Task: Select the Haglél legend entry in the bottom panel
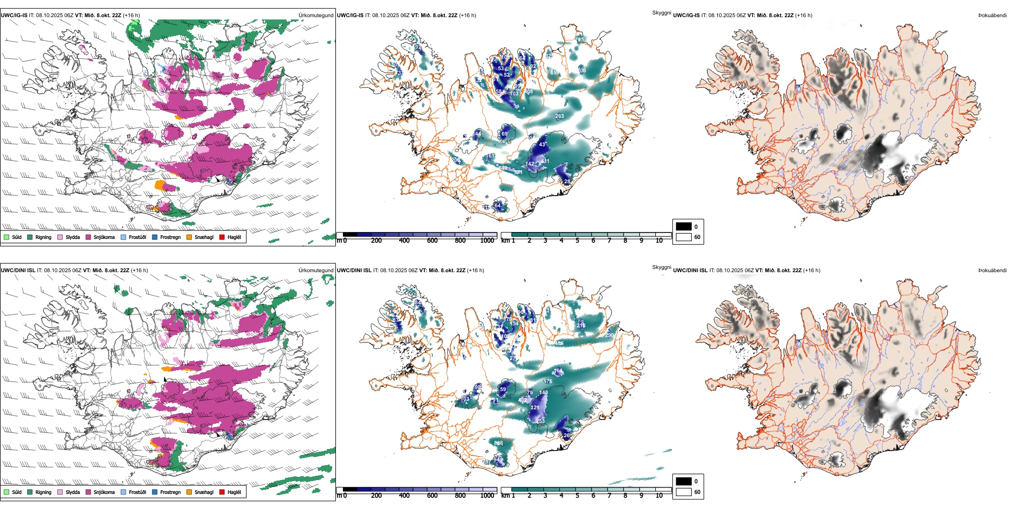click(x=234, y=492)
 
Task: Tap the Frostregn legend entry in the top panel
click(x=170, y=237)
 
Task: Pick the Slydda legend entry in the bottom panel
click(x=72, y=492)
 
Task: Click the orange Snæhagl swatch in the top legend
click(x=189, y=237)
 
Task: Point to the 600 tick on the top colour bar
click(x=432, y=240)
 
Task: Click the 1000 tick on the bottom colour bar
click(x=487, y=495)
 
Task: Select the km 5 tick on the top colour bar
click(x=577, y=240)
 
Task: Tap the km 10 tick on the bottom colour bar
click(x=659, y=495)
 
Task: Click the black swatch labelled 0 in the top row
click(x=684, y=227)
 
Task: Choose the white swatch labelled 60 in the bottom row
click(x=684, y=492)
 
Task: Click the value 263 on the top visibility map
click(x=559, y=116)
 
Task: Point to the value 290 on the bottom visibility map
click(x=609, y=335)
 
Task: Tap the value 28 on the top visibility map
click(x=567, y=182)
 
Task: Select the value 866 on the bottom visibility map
click(x=498, y=443)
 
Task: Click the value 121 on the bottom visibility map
click(x=535, y=408)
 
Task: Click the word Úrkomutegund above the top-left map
click(x=316, y=16)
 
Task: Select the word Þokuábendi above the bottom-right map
click(x=992, y=271)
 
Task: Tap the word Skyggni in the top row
click(x=661, y=13)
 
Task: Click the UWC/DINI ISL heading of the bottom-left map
click(x=18, y=271)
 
